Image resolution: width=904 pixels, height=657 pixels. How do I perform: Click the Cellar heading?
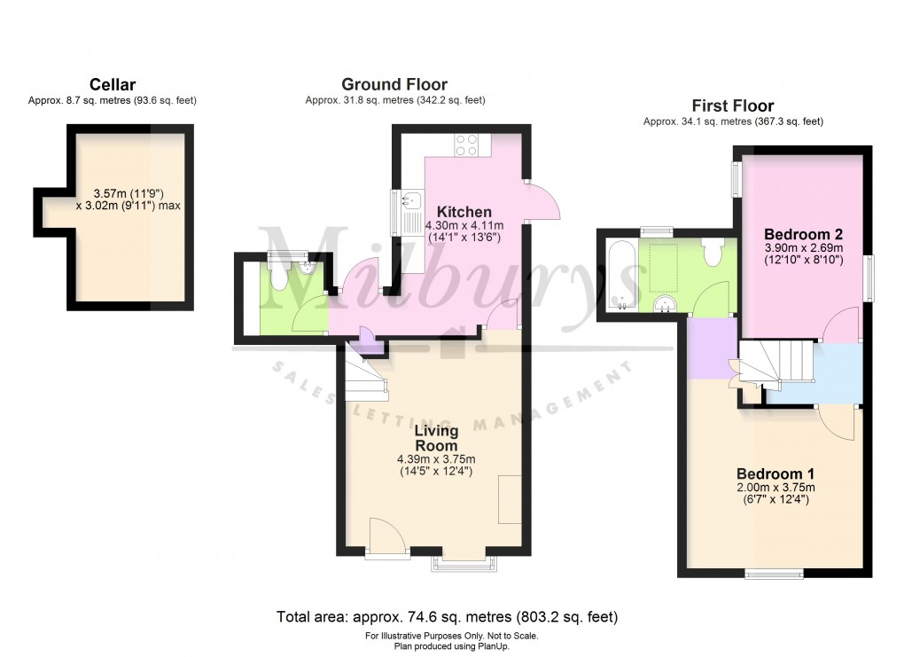(x=113, y=85)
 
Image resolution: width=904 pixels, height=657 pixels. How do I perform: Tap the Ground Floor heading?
(x=394, y=84)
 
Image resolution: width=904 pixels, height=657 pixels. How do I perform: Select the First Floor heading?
(x=733, y=106)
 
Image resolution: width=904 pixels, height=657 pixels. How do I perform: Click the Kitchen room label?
(x=464, y=212)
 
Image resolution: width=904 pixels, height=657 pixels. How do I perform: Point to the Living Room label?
(x=436, y=438)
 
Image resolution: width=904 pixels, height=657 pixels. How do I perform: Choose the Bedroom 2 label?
(x=803, y=234)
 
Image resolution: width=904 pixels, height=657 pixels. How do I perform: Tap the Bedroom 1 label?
(x=775, y=473)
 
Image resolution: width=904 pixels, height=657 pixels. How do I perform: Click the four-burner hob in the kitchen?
(x=466, y=145)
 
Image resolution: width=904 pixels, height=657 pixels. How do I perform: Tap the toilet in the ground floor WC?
(x=278, y=278)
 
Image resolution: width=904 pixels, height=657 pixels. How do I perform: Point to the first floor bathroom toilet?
(x=713, y=253)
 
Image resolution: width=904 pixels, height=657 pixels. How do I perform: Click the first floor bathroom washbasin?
(x=666, y=303)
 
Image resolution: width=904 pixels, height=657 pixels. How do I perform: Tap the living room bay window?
(x=464, y=565)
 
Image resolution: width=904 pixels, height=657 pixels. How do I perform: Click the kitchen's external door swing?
(x=543, y=200)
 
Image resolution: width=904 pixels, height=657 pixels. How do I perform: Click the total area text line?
(x=448, y=617)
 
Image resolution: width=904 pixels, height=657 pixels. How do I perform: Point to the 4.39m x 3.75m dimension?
(x=436, y=459)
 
